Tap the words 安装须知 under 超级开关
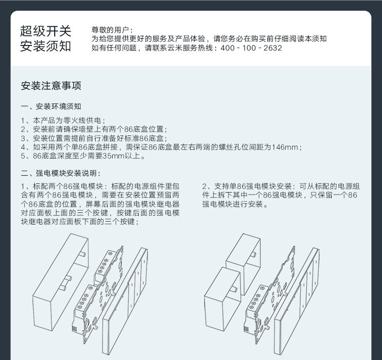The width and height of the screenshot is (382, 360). [x=46, y=47]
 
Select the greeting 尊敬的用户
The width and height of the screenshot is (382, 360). [x=111, y=30]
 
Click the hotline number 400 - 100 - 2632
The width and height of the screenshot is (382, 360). [x=251, y=48]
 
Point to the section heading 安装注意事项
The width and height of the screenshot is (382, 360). [x=51, y=86]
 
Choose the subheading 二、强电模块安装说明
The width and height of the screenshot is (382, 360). [x=61, y=173]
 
